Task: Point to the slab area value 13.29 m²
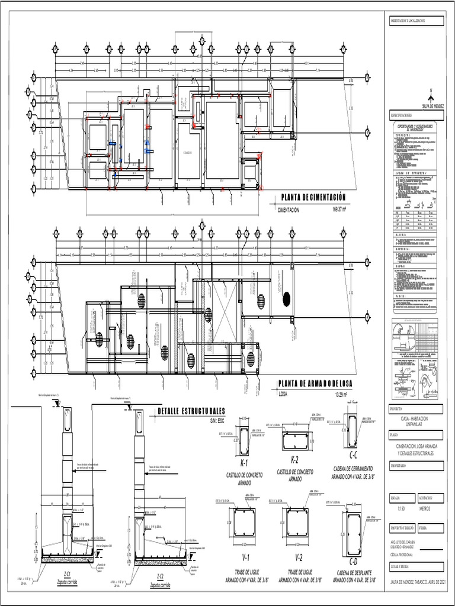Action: tap(343, 395)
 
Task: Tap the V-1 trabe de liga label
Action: tap(244, 557)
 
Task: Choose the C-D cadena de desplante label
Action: tap(353, 560)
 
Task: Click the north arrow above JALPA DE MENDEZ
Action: tap(432, 97)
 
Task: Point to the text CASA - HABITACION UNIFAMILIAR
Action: tap(415, 421)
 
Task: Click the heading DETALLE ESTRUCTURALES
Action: tap(191, 411)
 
